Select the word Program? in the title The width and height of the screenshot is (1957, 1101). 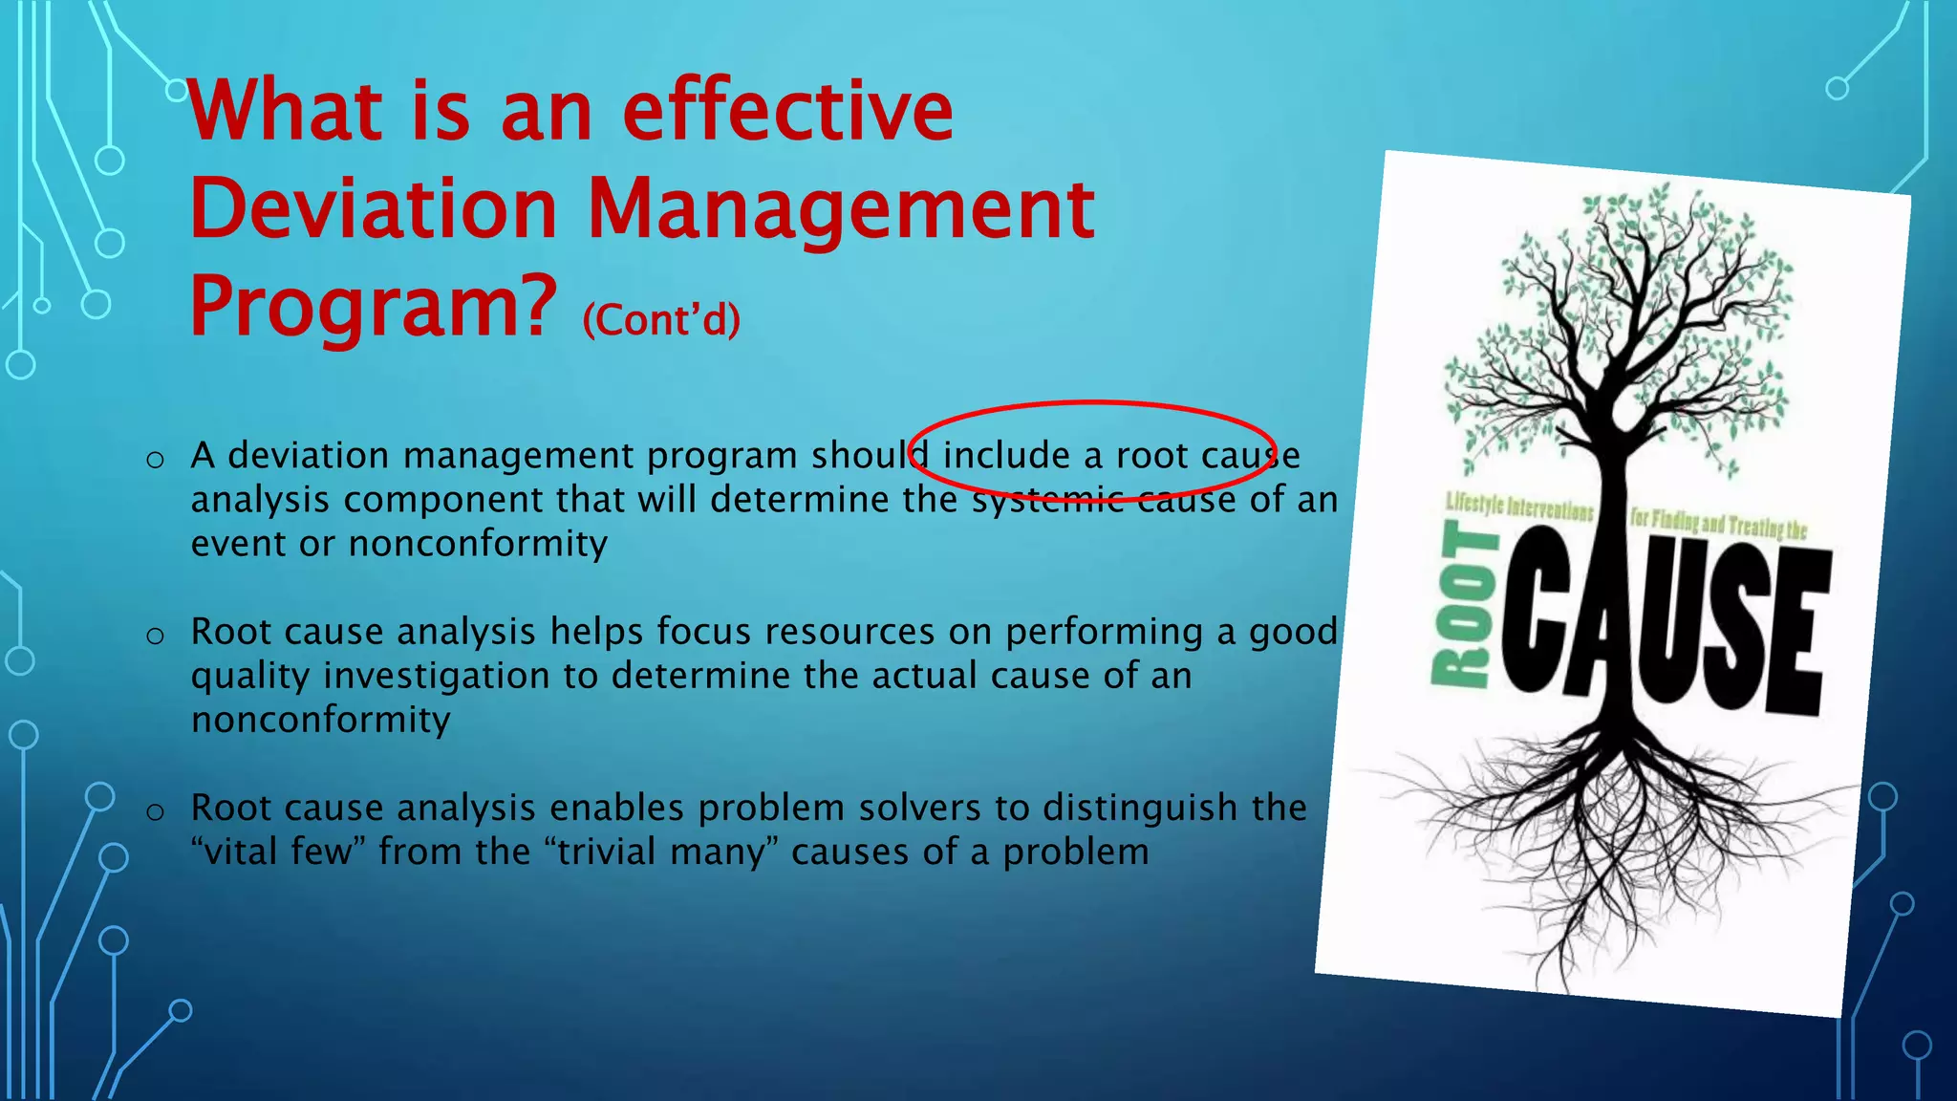(374, 306)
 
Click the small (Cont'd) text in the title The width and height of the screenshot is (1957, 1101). (661, 319)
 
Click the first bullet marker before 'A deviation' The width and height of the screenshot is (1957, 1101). (155, 460)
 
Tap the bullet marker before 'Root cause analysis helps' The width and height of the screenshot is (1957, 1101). (155, 636)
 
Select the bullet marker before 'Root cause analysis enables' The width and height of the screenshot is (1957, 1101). (155, 812)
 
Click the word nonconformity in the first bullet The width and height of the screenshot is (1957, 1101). (478, 543)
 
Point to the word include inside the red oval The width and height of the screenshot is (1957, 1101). (1005, 456)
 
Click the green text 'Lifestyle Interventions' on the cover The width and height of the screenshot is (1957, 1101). (1519, 507)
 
